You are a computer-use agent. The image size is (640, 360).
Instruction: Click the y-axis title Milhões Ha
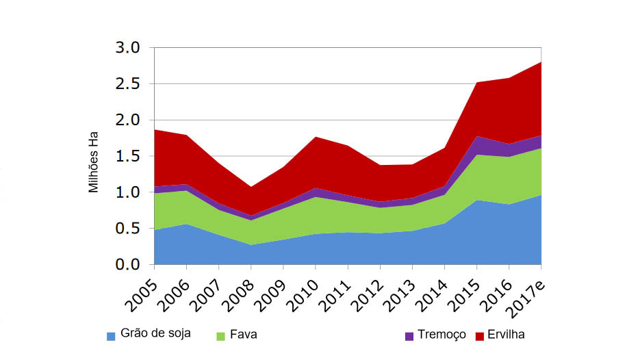94,162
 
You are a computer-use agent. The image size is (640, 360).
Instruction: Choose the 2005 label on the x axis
140,290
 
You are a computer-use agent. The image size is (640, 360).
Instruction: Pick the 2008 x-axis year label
237,290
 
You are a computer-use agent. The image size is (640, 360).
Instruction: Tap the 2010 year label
301,290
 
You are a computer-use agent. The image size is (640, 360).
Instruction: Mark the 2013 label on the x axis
398,290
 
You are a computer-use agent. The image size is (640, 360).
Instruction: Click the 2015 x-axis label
463,290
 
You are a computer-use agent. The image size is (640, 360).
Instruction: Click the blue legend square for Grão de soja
111,336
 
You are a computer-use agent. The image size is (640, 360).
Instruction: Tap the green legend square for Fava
220,336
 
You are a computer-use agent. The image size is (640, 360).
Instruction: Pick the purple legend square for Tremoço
409,336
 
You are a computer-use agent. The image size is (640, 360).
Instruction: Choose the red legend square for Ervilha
479,336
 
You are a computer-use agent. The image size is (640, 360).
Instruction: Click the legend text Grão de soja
155,334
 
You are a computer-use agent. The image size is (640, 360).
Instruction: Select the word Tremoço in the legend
442,335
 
